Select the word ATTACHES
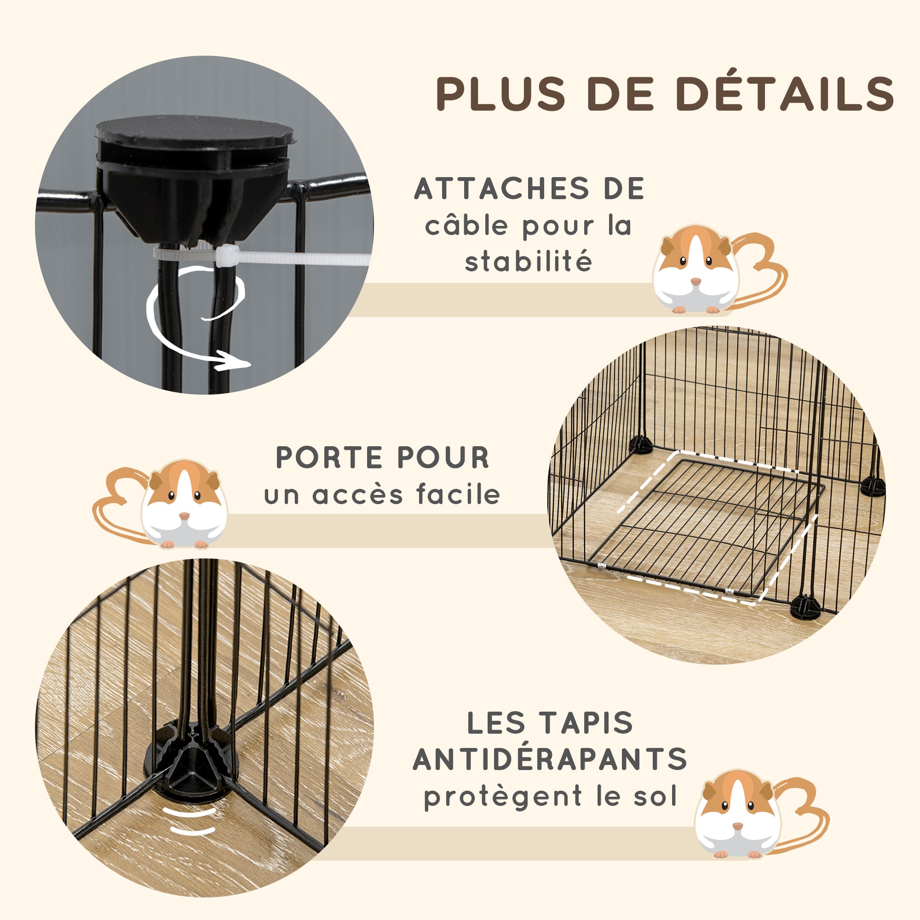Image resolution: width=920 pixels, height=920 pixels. (496, 189)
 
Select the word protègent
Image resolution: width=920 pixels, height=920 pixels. (503, 797)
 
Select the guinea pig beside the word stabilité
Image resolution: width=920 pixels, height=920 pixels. (696, 270)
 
